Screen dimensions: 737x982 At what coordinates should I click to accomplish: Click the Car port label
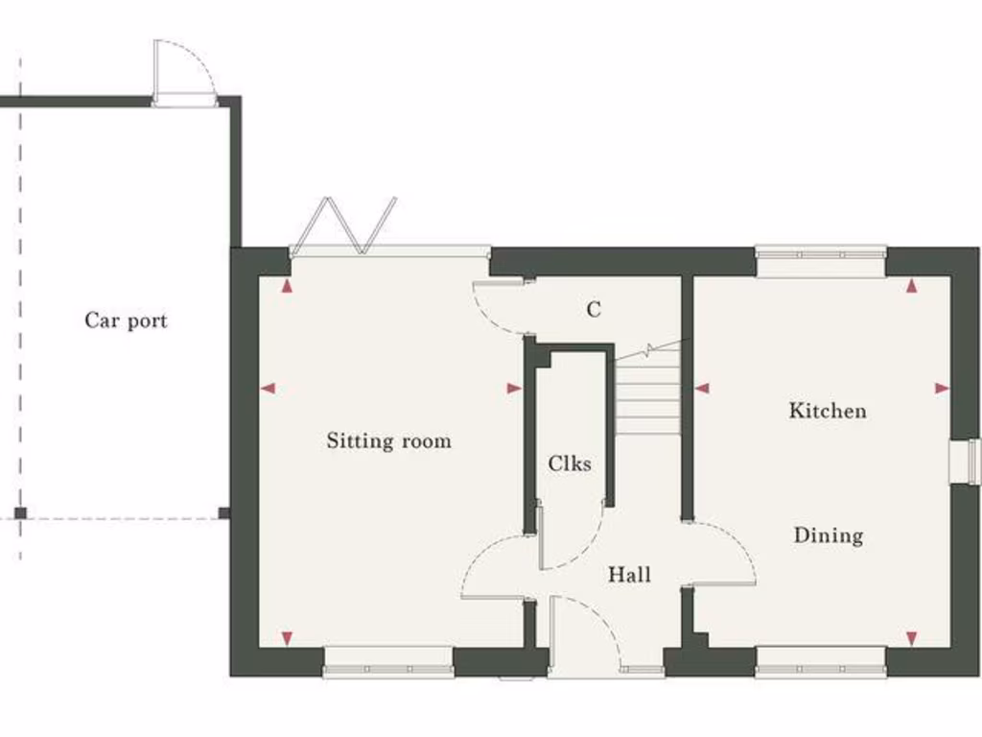(x=126, y=321)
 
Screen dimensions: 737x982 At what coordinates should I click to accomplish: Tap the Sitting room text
(x=388, y=441)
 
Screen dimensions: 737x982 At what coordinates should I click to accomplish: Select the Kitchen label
(x=828, y=411)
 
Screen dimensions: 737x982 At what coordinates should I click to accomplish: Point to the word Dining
(x=828, y=535)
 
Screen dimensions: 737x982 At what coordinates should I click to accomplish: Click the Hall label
(x=629, y=575)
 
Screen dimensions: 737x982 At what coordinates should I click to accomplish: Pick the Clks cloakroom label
(x=570, y=464)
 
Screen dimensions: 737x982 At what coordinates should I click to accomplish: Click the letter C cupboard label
(x=594, y=310)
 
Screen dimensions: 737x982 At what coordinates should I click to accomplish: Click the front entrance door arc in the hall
(x=585, y=629)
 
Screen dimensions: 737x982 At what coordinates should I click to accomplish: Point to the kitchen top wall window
(x=820, y=254)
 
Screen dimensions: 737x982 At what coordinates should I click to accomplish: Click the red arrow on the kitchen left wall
(x=702, y=389)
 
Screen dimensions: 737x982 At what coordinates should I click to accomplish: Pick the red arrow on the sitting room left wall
(x=268, y=389)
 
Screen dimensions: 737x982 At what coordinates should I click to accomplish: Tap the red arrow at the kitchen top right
(x=911, y=286)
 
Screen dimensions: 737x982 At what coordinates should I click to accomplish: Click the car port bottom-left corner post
(x=20, y=513)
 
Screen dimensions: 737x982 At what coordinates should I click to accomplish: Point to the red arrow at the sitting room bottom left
(x=286, y=638)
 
